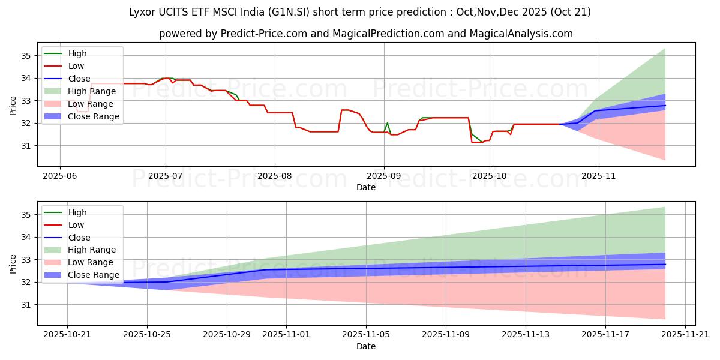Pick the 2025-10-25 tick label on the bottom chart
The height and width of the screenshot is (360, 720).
click(147, 334)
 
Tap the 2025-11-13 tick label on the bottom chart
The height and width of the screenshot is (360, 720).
click(526, 334)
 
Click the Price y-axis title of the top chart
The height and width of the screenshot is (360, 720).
click(13, 106)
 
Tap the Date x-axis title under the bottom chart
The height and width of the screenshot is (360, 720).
click(366, 346)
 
